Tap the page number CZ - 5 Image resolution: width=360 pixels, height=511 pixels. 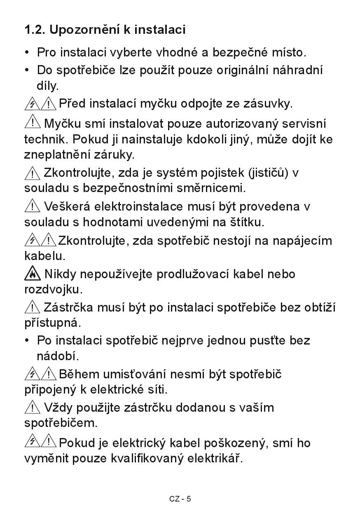(x=180, y=499)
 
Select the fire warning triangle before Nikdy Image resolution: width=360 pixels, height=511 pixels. (x=32, y=274)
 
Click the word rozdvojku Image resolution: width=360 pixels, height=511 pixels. (x=53, y=289)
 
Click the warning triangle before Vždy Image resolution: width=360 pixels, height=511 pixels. (x=32, y=408)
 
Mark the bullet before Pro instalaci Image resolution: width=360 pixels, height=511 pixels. (x=27, y=53)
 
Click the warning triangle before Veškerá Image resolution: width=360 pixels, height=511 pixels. (x=32, y=206)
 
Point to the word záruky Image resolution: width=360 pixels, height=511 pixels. (x=114, y=155)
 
